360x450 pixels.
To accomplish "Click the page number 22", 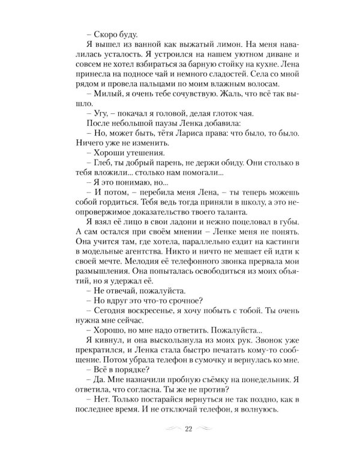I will [188, 429].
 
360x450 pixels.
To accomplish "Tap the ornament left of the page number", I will [167, 430].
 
